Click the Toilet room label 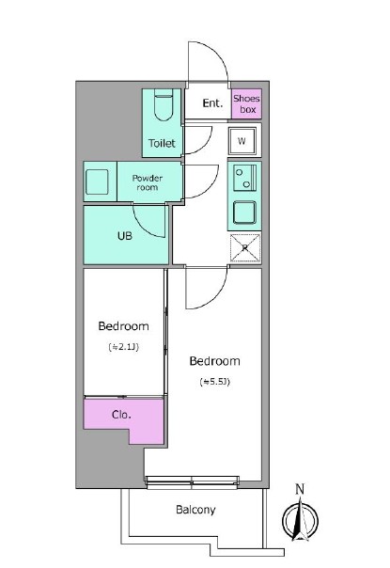pos(162,143)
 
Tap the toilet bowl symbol pos(164,104)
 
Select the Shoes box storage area pos(246,103)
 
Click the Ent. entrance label pos(212,103)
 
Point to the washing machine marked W pos(242,141)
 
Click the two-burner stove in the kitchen pos(244,178)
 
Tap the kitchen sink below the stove pos(244,213)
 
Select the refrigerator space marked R pos(245,247)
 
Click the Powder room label pos(147,182)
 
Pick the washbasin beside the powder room pos(97,181)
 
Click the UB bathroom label pos(125,236)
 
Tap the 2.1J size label pos(123,347)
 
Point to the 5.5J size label pos(215,382)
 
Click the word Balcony pos(195,510)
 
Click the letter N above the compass pos(300,489)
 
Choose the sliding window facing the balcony pos(193,481)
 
